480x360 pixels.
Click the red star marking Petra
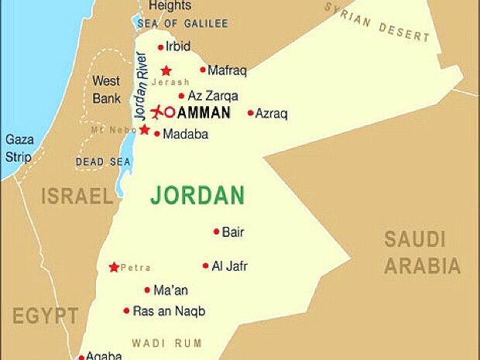[x=115, y=267]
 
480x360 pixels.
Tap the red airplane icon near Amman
[x=158, y=112]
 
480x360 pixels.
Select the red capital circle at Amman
[x=170, y=112]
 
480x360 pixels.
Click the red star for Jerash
[x=166, y=70]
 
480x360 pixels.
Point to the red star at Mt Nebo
[x=144, y=129]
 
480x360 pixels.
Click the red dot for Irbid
[x=160, y=47]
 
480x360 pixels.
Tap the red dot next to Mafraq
[x=203, y=70]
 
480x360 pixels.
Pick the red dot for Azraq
[x=250, y=113]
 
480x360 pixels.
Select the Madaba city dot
[x=157, y=134]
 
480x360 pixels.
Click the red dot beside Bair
[x=217, y=231]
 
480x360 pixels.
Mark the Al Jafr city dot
[x=206, y=266]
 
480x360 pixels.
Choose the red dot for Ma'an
[x=147, y=290]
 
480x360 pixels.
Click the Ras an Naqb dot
[x=126, y=310]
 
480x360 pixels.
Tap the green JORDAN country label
[x=197, y=195]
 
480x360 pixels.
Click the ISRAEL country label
[x=77, y=196]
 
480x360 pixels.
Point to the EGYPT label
[x=45, y=316]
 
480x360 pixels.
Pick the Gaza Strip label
[x=19, y=148]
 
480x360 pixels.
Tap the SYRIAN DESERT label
[x=376, y=21]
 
